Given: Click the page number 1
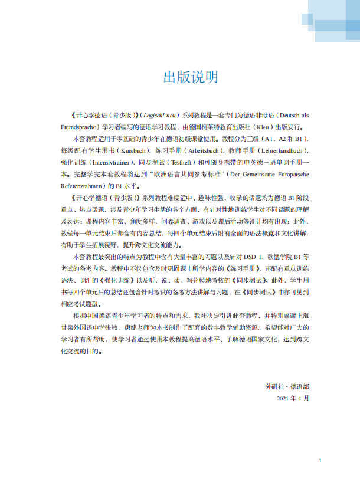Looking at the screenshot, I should [x=319, y=461].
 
